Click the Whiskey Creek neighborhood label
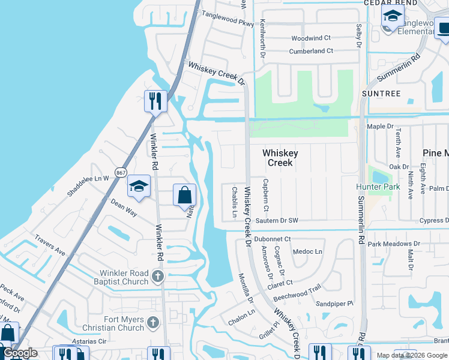tap(280, 158)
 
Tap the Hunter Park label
tap(378, 187)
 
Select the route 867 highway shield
tap(121, 171)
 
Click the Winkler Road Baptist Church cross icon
tap(157, 276)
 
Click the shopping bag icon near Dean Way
tap(184, 195)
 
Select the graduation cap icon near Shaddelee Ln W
tap(138, 187)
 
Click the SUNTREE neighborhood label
tap(381, 94)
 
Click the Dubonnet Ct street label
tap(272, 239)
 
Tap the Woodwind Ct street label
tap(311, 38)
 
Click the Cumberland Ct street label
tap(311, 51)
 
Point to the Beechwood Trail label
tap(297, 293)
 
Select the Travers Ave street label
tap(50, 246)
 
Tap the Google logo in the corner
tap(20, 353)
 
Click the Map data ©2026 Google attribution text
tap(412, 355)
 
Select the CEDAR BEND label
tap(390, 3)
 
